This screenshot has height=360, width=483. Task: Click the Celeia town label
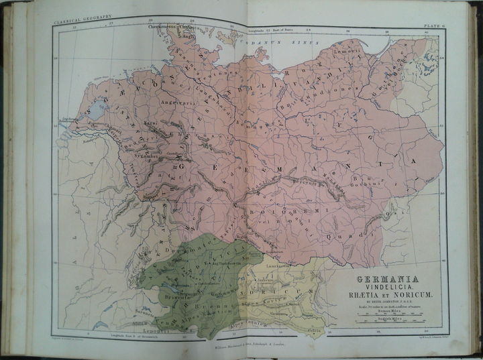click(x=313, y=329)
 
